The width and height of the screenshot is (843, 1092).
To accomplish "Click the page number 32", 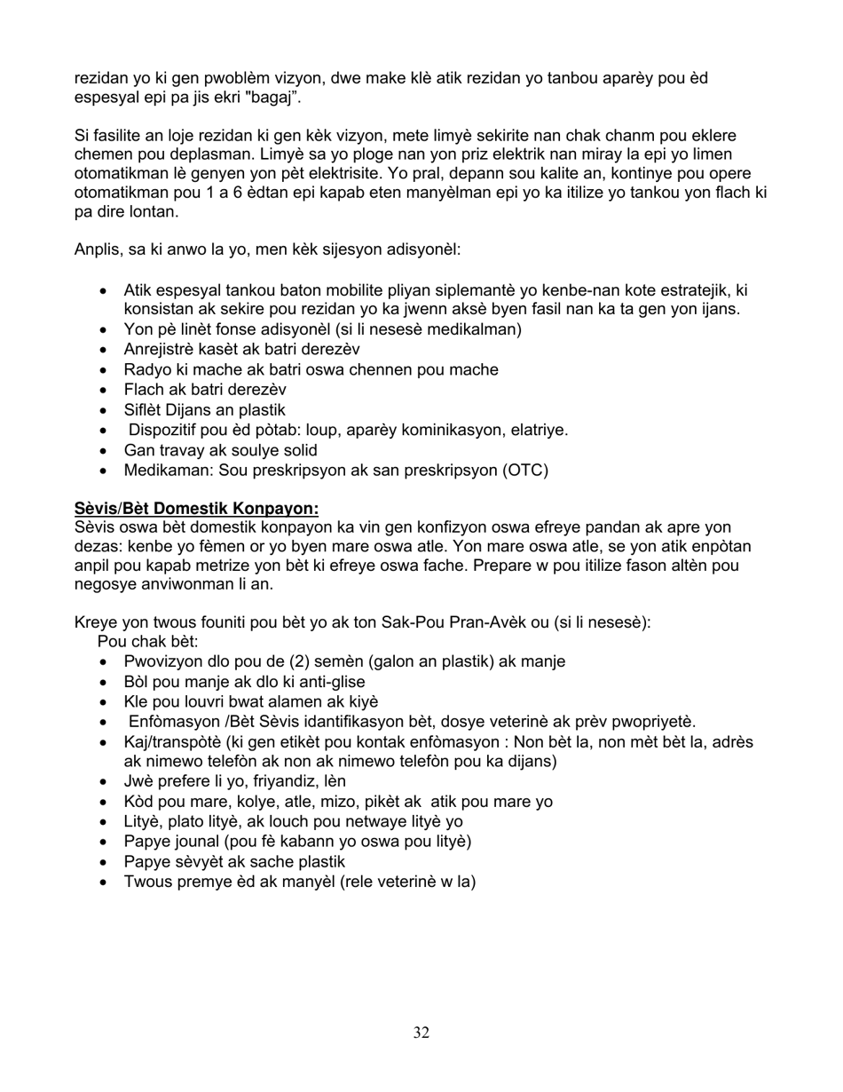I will pyautogui.click(x=421, y=1033).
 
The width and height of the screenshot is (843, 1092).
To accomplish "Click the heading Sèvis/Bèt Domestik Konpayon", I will pyautogui.click(x=196, y=509).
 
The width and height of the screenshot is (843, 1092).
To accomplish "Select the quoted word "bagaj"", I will pyautogui.click(x=278, y=98).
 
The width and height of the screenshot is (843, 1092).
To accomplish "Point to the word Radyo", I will pyautogui.click(x=146, y=370).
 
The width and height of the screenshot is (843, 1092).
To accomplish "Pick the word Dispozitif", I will pyautogui.click(x=164, y=431).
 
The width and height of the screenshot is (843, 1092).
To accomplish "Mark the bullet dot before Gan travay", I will pyautogui.click(x=106, y=451).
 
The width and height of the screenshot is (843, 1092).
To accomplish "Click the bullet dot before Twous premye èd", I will pyautogui.click(x=106, y=882).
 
